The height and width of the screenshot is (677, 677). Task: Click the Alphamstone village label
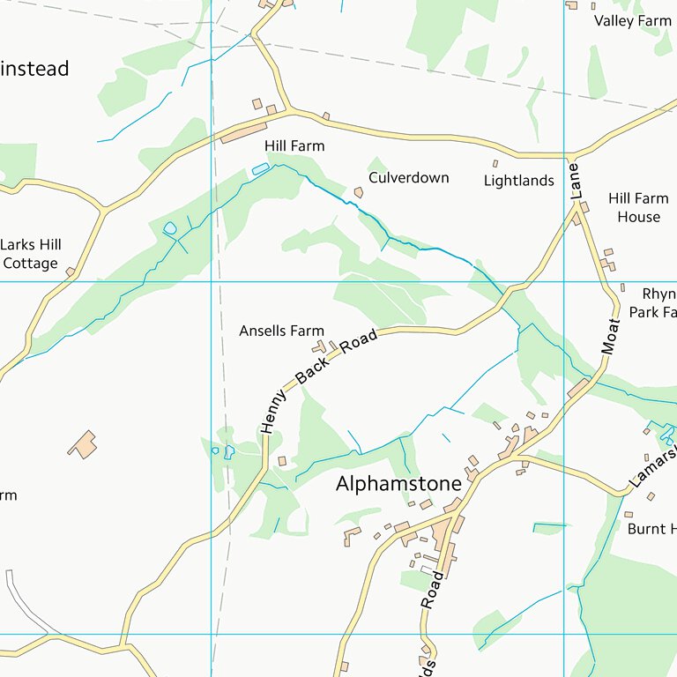[x=398, y=484]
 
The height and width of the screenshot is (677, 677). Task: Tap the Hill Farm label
[x=294, y=145]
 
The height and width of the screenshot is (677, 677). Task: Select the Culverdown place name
[x=408, y=177]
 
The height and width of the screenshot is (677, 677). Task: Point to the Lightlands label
[x=518, y=181]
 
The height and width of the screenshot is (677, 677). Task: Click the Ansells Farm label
[x=281, y=331]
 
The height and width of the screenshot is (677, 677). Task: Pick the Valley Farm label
[x=631, y=20]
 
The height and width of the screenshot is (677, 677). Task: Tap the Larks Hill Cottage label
[x=31, y=254]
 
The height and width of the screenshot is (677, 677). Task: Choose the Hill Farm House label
[x=638, y=207]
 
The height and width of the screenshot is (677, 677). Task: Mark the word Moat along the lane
[x=610, y=337]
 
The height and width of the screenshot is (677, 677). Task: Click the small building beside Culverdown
[x=359, y=192]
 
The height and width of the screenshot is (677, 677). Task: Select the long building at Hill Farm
[x=243, y=133]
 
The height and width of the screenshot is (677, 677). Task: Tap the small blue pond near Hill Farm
[x=260, y=168]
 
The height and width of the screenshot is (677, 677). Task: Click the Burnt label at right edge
[x=651, y=529]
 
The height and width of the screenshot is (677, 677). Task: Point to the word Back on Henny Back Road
[x=312, y=370]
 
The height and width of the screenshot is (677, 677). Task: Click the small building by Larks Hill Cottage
[x=70, y=272]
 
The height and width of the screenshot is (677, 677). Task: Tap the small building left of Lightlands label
[x=495, y=163]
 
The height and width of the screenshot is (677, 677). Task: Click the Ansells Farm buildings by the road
[x=321, y=347]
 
